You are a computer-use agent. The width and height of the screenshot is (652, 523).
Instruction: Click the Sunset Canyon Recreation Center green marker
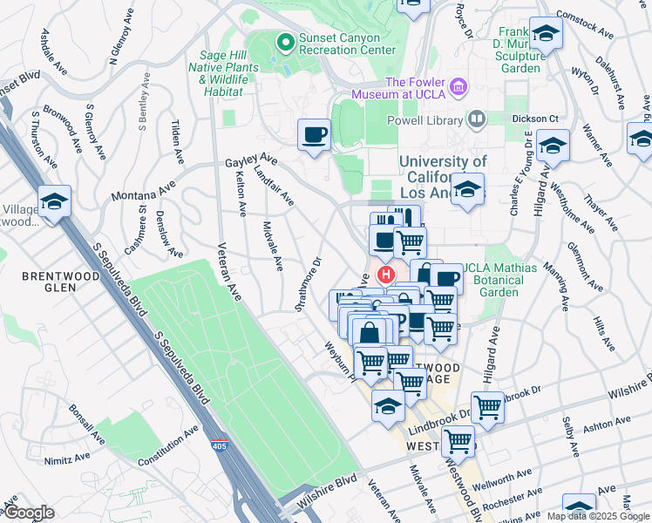284,41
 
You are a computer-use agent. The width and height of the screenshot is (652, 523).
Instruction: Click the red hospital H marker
384,275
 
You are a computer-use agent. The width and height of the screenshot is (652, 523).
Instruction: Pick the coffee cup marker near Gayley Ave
314,135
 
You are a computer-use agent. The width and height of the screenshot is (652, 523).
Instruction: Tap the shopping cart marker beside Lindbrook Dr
487,406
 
